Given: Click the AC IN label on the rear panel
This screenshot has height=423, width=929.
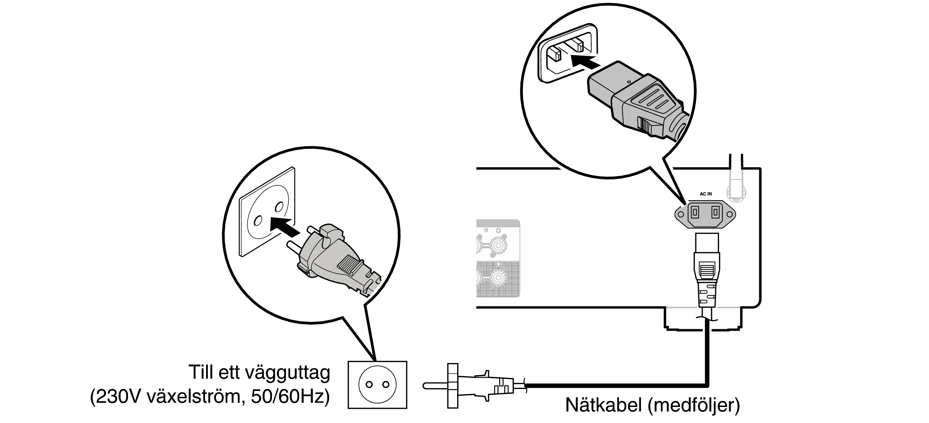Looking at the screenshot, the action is click(x=706, y=194).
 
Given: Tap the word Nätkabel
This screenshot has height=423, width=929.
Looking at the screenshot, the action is click(x=604, y=405).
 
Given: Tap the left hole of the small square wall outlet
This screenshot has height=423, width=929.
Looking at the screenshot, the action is click(x=369, y=384).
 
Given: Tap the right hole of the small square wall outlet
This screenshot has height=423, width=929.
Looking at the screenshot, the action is click(x=386, y=384).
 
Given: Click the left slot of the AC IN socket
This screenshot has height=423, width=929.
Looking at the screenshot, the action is click(x=694, y=213).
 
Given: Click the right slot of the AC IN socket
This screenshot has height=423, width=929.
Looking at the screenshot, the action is click(x=715, y=213).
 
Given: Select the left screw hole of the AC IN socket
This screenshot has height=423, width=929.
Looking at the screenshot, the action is click(x=680, y=214).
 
